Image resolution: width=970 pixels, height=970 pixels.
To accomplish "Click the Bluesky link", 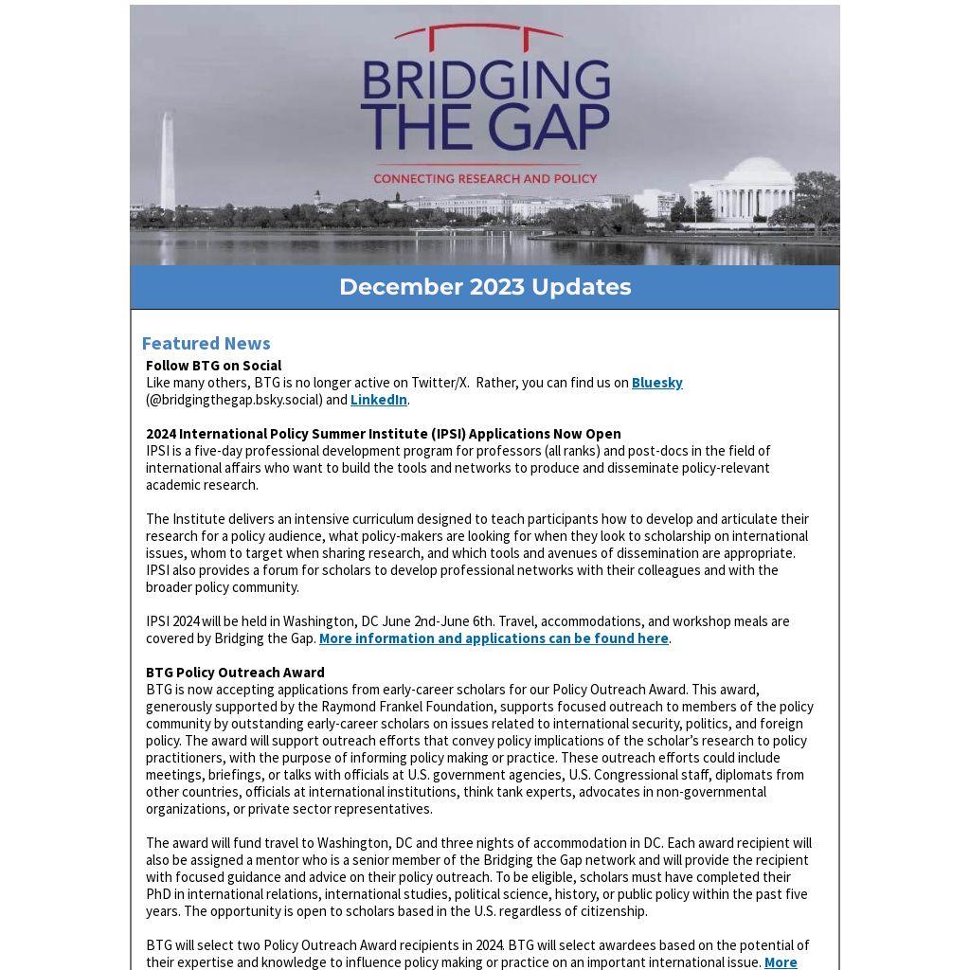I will point(656,383).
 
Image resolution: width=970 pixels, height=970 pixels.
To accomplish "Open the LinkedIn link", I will point(378,400).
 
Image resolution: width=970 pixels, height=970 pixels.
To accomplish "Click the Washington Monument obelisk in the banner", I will point(168,161).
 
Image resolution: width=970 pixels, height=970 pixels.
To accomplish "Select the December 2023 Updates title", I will point(485,287).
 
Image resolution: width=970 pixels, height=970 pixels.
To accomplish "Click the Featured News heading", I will point(206,343).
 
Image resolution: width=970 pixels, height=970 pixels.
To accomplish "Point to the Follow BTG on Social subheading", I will point(213,366).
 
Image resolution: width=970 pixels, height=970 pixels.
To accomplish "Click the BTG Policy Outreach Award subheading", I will point(235,673).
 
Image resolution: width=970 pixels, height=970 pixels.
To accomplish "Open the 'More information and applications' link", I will point(494,638).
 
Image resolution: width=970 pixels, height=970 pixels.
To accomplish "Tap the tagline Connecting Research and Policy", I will point(485,178).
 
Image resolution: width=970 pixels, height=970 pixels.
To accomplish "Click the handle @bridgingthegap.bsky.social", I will point(234,400).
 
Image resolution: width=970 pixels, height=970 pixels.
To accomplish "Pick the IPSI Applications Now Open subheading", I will point(383,434).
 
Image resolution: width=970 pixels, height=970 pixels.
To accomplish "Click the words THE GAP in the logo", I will point(485,128).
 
